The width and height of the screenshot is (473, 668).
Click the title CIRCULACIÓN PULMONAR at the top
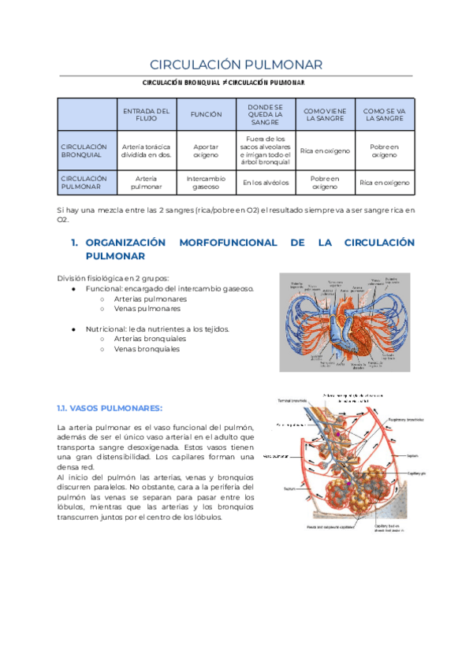[x=236, y=64]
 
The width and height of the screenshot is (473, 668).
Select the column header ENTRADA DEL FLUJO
[x=147, y=114]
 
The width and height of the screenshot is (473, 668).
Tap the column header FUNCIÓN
[x=206, y=114]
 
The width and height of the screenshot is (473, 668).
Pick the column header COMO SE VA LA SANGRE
[x=385, y=114]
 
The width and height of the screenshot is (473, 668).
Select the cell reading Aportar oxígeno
[x=206, y=150]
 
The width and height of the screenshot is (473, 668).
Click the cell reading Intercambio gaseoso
[x=206, y=183]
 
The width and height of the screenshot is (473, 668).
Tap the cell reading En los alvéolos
[x=266, y=183]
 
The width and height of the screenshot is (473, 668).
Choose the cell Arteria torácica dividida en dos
[x=147, y=150]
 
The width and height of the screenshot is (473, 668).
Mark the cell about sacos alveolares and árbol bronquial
[x=266, y=150]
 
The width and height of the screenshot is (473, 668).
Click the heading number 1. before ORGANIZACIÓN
[x=75, y=243]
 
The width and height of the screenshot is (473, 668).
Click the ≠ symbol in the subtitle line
[x=223, y=83]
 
